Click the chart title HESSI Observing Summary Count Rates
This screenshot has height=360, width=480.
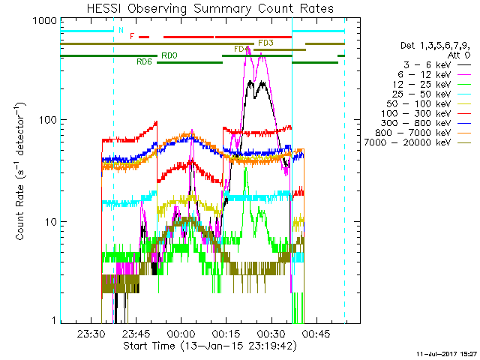point(210,8)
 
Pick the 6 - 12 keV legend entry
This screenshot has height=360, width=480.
point(429,75)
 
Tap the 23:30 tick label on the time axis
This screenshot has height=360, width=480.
point(91,335)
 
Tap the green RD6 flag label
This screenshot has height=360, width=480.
point(144,61)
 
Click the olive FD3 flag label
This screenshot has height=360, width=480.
point(265,43)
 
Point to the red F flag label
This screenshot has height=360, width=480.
point(132,36)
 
